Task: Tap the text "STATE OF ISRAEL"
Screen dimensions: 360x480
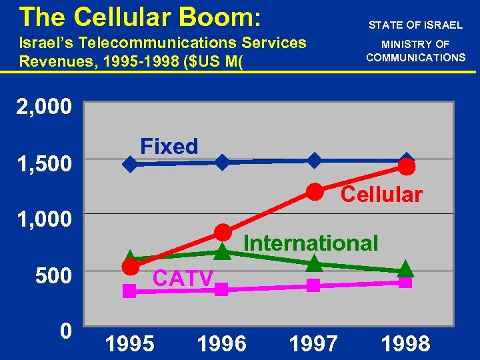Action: [x=415, y=25]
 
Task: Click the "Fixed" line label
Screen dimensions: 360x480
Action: [x=169, y=146]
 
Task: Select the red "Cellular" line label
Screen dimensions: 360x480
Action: [x=381, y=195]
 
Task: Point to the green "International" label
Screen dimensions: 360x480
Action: [x=311, y=243]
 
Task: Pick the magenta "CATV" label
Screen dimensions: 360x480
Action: [x=183, y=278]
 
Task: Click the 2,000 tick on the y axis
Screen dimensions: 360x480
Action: [x=43, y=107]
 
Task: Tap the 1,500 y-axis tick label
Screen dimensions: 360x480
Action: [x=43, y=163]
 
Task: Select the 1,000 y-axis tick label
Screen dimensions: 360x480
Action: [x=43, y=219]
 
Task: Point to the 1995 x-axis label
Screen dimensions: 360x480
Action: [x=130, y=344]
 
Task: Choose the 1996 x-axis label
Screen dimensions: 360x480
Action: [x=222, y=344]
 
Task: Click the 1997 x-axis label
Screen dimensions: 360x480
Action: [x=313, y=344]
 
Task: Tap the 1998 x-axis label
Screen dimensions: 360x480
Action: [x=405, y=344]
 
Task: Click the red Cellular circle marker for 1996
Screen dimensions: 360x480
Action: [x=223, y=232]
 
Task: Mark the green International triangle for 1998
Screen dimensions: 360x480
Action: [x=405, y=269]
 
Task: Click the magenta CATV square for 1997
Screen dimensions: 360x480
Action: [x=314, y=285]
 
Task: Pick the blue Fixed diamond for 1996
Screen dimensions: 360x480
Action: [x=222, y=162]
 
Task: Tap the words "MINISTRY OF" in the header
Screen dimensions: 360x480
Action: [x=415, y=44]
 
